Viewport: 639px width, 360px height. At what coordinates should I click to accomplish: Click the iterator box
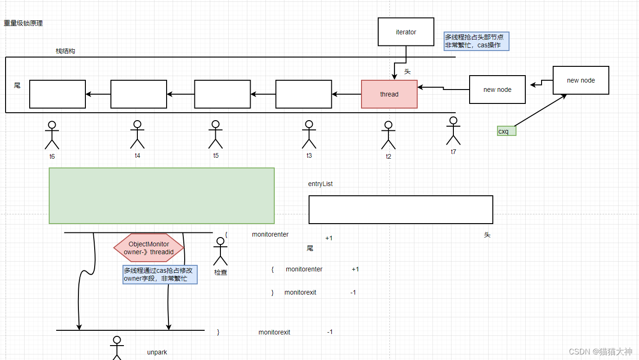(x=406, y=32)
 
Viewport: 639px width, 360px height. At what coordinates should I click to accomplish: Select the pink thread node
(x=389, y=94)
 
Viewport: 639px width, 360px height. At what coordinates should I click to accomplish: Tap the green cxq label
(x=506, y=131)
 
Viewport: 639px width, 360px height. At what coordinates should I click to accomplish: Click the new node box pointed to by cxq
(x=581, y=80)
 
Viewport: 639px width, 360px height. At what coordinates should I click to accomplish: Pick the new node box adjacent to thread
(x=497, y=90)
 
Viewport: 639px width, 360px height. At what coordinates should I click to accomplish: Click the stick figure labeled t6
(x=52, y=135)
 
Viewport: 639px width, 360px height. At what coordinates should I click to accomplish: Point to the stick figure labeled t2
(x=388, y=135)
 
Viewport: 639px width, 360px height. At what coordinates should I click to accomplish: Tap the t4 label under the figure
(x=137, y=155)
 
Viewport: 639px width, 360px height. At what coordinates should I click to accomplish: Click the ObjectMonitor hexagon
(x=149, y=248)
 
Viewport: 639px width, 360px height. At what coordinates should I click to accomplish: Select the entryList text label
(x=320, y=184)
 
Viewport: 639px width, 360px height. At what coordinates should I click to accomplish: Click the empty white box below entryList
(x=400, y=210)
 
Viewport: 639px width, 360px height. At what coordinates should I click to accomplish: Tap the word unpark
(x=157, y=352)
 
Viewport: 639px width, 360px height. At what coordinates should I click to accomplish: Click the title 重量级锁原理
(x=23, y=23)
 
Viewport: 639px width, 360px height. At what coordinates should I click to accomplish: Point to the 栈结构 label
(x=65, y=51)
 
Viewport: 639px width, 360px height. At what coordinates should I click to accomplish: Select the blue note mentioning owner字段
(x=160, y=275)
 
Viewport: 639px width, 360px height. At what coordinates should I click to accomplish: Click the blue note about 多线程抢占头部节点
(x=476, y=41)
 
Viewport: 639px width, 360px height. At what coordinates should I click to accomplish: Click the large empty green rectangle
(x=161, y=196)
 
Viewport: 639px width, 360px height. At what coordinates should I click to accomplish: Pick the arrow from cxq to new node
(x=540, y=110)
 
